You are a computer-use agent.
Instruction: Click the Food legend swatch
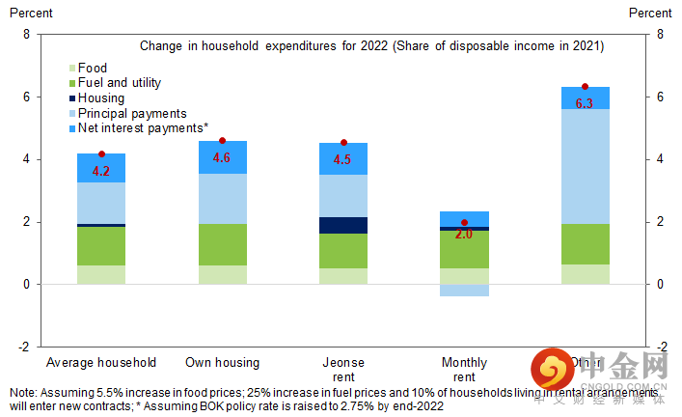(x=71, y=69)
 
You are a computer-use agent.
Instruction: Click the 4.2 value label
(x=101, y=171)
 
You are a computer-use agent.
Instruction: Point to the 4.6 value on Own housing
(x=222, y=157)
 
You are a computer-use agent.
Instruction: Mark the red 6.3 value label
(x=585, y=102)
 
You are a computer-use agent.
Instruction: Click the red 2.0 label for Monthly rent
(x=464, y=235)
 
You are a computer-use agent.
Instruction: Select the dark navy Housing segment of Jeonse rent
(x=343, y=225)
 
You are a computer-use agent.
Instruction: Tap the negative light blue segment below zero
(x=464, y=290)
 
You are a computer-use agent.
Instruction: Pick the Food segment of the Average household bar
(x=101, y=274)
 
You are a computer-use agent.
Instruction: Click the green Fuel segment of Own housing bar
(x=222, y=244)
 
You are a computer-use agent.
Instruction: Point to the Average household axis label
(x=101, y=363)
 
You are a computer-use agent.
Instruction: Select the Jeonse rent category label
(x=343, y=370)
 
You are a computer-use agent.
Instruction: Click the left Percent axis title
(x=31, y=14)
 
